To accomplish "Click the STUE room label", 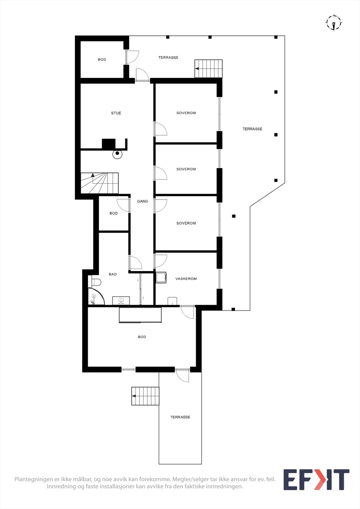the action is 116,113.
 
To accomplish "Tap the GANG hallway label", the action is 142,201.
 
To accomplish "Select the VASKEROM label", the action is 186,279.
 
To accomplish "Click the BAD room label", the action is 113,274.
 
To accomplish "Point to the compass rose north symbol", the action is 334,23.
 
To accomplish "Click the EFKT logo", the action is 316,479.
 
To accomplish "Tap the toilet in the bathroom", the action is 95,282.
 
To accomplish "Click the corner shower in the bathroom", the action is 96,296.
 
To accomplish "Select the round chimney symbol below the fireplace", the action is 117,154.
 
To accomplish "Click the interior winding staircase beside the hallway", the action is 100,183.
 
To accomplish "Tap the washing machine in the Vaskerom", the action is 161,277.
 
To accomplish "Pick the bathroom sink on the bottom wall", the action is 121,300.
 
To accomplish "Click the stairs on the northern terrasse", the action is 208,69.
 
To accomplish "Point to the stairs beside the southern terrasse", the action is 145,396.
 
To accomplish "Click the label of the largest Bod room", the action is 142,337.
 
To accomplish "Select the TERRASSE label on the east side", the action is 252,129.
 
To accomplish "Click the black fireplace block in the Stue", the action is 109,144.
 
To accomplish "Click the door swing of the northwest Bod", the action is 133,57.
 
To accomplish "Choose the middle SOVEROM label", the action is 186,169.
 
